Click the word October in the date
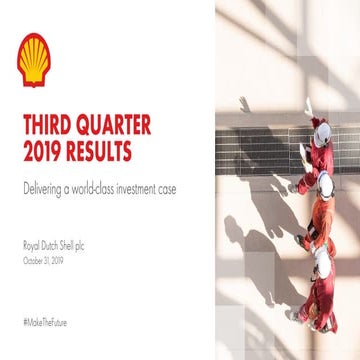[x=32, y=258]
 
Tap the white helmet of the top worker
[x=322, y=129]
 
